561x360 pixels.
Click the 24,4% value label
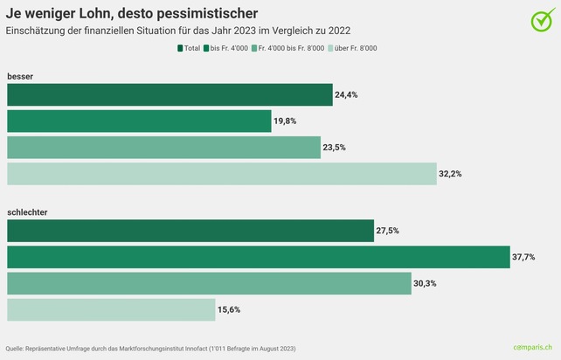click(347, 94)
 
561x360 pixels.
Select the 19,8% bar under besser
click(139, 121)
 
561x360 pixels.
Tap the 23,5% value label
click(335, 148)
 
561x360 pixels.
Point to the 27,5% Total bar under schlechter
click(190, 231)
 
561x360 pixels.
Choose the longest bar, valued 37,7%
click(258, 257)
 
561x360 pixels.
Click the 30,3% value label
click(426, 283)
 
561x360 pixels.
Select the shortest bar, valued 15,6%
click(111, 309)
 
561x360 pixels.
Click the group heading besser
click(20, 77)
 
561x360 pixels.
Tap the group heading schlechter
click(27, 212)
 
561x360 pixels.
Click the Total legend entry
click(188, 48)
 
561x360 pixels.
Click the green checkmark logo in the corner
click(542, 20)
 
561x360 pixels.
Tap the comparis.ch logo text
click(531, 347)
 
